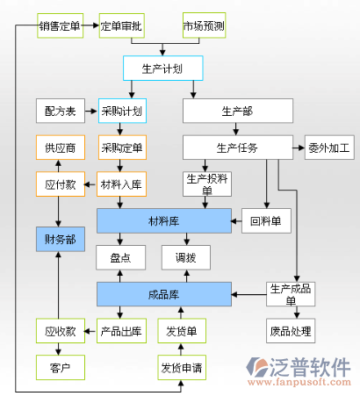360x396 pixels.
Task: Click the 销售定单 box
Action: [61, 25]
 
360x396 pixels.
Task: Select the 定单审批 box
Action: [122, 25]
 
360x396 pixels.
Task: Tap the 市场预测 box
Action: [205, 25]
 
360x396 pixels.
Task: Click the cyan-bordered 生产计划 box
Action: [163, 68]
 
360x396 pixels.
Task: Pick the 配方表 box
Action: [61, 111]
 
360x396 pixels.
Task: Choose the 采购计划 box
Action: [122, 111]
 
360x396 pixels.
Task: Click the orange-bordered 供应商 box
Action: [61, 148]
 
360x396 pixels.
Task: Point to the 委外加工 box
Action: [329, 148]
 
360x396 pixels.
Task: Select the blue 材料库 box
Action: [164, 221]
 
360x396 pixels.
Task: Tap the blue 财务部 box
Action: [61, 239]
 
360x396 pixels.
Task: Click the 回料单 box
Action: [266, 221]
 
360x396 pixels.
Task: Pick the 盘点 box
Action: [121, 257]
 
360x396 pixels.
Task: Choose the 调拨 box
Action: [186, 257]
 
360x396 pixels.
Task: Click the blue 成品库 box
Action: [164, 294]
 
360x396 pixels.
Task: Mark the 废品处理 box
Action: [291, 331]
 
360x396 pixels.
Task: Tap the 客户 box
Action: [61, 368]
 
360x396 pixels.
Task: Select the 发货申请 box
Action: [182, 368]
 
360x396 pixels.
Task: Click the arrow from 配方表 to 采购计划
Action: [91, 112]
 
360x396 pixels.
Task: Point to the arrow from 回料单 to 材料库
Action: [236, 221]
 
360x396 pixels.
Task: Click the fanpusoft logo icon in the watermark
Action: [256, 367]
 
